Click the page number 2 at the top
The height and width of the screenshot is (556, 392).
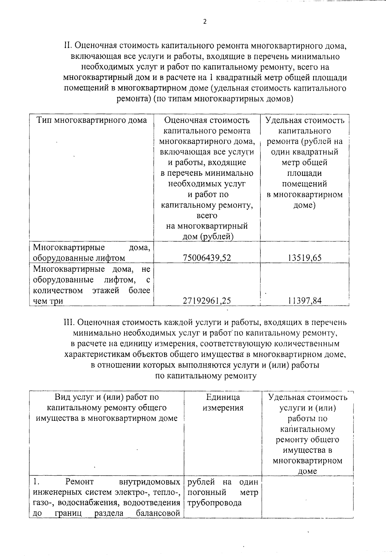pos(205,22)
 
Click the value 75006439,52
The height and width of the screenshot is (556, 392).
pos(207,258)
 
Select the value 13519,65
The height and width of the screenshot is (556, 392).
pos(304,258)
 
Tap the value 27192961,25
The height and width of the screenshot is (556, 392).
pos(207,301)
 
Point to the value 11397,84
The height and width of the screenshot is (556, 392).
pos(304,301)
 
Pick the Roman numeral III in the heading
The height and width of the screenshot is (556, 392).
pos(69,323)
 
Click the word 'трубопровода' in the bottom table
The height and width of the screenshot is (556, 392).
pos(215,503)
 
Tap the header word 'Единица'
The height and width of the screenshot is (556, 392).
pos(223,397)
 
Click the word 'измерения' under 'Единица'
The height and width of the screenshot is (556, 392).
pos(223,408)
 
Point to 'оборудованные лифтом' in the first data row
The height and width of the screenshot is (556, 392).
pos(79,258)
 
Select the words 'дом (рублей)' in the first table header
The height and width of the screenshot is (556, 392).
pos(207,237)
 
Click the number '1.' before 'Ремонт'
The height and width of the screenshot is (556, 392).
pos(36,482)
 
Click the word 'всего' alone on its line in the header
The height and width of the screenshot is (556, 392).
pos(207,215)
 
